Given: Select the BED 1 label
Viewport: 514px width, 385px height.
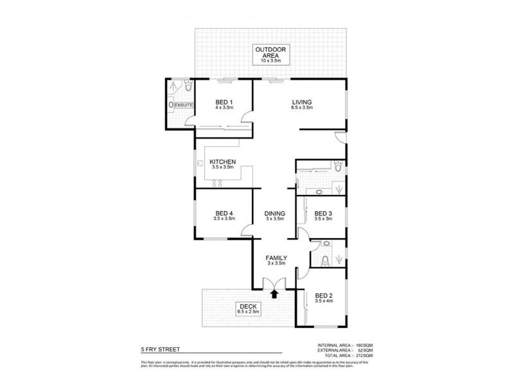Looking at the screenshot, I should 223,103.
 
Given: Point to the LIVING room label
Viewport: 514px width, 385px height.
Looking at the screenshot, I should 301,103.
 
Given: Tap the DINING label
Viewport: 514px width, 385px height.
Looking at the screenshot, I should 274,214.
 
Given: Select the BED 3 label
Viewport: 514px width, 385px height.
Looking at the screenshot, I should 323,214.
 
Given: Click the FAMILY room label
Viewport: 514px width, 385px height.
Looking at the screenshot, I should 276,258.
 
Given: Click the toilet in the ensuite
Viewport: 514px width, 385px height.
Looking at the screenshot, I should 186,87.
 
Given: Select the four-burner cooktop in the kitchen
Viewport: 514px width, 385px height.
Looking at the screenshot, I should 217,183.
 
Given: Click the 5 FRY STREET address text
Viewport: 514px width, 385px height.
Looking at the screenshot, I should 161,350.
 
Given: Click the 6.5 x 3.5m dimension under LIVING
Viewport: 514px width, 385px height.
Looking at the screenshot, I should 301,108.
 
